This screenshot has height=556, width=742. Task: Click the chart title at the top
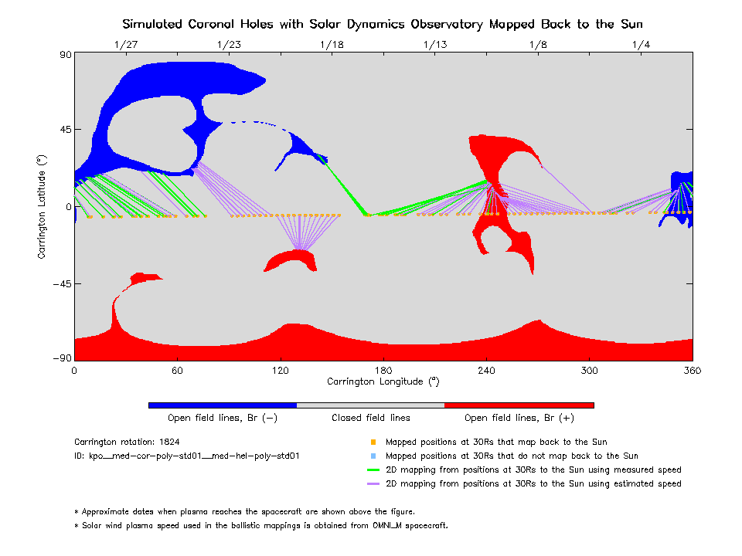(383, 24)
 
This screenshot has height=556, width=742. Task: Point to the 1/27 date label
(126, 45)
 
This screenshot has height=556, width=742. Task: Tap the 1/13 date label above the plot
(435, 45)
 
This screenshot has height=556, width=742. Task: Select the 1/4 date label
(641, 45)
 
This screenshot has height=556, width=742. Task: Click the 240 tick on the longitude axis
(486, 370)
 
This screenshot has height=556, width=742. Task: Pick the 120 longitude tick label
(281, 370)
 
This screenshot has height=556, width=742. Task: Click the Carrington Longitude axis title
(383, 381)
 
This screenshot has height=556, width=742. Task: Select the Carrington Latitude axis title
(43, 206)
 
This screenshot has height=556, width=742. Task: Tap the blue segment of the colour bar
(223, 405)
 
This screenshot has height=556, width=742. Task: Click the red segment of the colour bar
(519, 405)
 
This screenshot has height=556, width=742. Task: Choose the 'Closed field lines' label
(371, 418)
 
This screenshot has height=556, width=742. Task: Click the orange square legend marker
(373, 442)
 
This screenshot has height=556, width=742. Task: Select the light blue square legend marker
(373, 456)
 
